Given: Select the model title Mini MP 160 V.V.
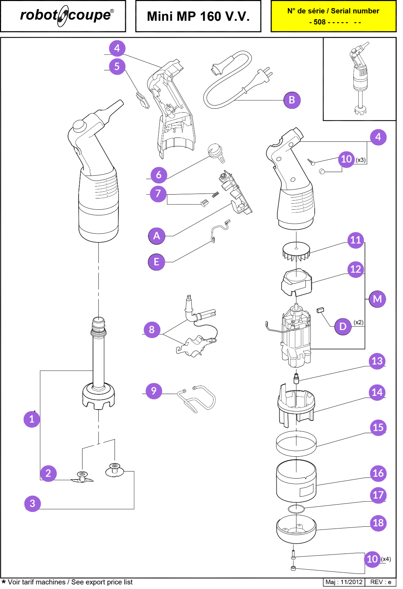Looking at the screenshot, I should point(198,16).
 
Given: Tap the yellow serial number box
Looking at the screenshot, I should point(333,17).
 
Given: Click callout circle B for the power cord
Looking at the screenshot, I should point(292,100).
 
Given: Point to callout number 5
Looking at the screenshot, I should point(117,66).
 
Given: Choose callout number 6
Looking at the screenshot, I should point(159,175).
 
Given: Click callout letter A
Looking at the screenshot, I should point(156,236).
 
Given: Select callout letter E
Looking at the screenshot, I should point(156,262).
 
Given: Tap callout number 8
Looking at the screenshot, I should point(152,330).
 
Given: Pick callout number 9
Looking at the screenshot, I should point(154,391).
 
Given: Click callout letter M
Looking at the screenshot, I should point(377,299).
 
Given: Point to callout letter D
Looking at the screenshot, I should point(343,327).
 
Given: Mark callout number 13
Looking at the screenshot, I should point(377,361).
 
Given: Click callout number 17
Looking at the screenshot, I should point(378,495).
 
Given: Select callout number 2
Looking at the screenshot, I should point(48,474).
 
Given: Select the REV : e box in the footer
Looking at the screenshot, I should point(380,582).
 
